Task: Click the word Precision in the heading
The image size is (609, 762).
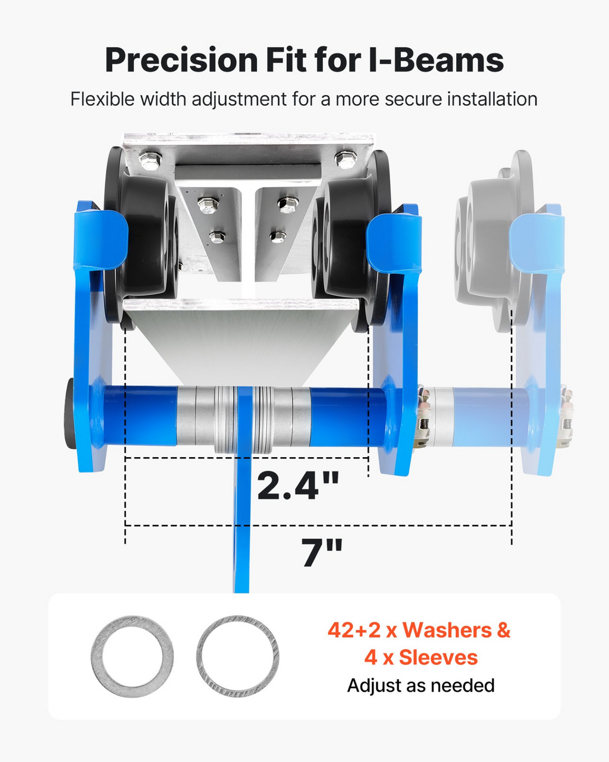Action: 181,60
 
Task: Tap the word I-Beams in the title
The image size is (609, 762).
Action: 437,60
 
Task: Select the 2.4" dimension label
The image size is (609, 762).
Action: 298,485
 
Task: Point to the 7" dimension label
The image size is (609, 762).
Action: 322,552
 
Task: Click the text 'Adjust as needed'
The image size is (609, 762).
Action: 420,686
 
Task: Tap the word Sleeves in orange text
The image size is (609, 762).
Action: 438,658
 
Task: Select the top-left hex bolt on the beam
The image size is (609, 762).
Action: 150,160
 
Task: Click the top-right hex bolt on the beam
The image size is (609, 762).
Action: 346,160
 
